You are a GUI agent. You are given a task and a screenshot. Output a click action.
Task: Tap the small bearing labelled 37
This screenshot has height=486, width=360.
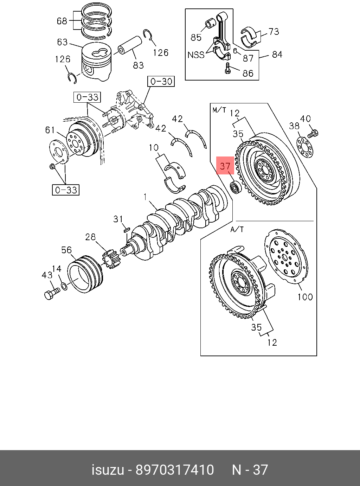[x=235, y=187]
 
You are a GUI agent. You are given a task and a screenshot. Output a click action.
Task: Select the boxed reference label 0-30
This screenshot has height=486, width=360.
[x=161, y=82]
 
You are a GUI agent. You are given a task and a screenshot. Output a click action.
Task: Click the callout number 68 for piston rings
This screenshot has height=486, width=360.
[x=62, y=21]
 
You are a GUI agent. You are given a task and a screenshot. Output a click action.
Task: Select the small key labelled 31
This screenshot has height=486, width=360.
[x=127, y=229]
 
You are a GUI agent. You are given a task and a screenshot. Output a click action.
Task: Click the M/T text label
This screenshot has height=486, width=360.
[x=219, y=110]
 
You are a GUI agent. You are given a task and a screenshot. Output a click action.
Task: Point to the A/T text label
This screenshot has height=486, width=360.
[x=237, y=229]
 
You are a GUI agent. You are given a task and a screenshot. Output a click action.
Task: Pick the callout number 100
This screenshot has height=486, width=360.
[x=305, y=296]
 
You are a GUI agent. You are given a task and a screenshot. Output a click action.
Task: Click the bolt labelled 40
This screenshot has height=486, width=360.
[x=313, y=134]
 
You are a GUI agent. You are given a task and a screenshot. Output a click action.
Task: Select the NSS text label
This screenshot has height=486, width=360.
[x=196, y=55]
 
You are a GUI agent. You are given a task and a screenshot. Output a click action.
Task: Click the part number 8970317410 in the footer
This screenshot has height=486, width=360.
[x=175, y=470]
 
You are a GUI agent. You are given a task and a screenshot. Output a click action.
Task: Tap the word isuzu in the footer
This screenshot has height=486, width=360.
[x=108, y=470]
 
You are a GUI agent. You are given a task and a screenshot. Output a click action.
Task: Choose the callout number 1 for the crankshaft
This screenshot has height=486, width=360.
[x=145, y=197]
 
